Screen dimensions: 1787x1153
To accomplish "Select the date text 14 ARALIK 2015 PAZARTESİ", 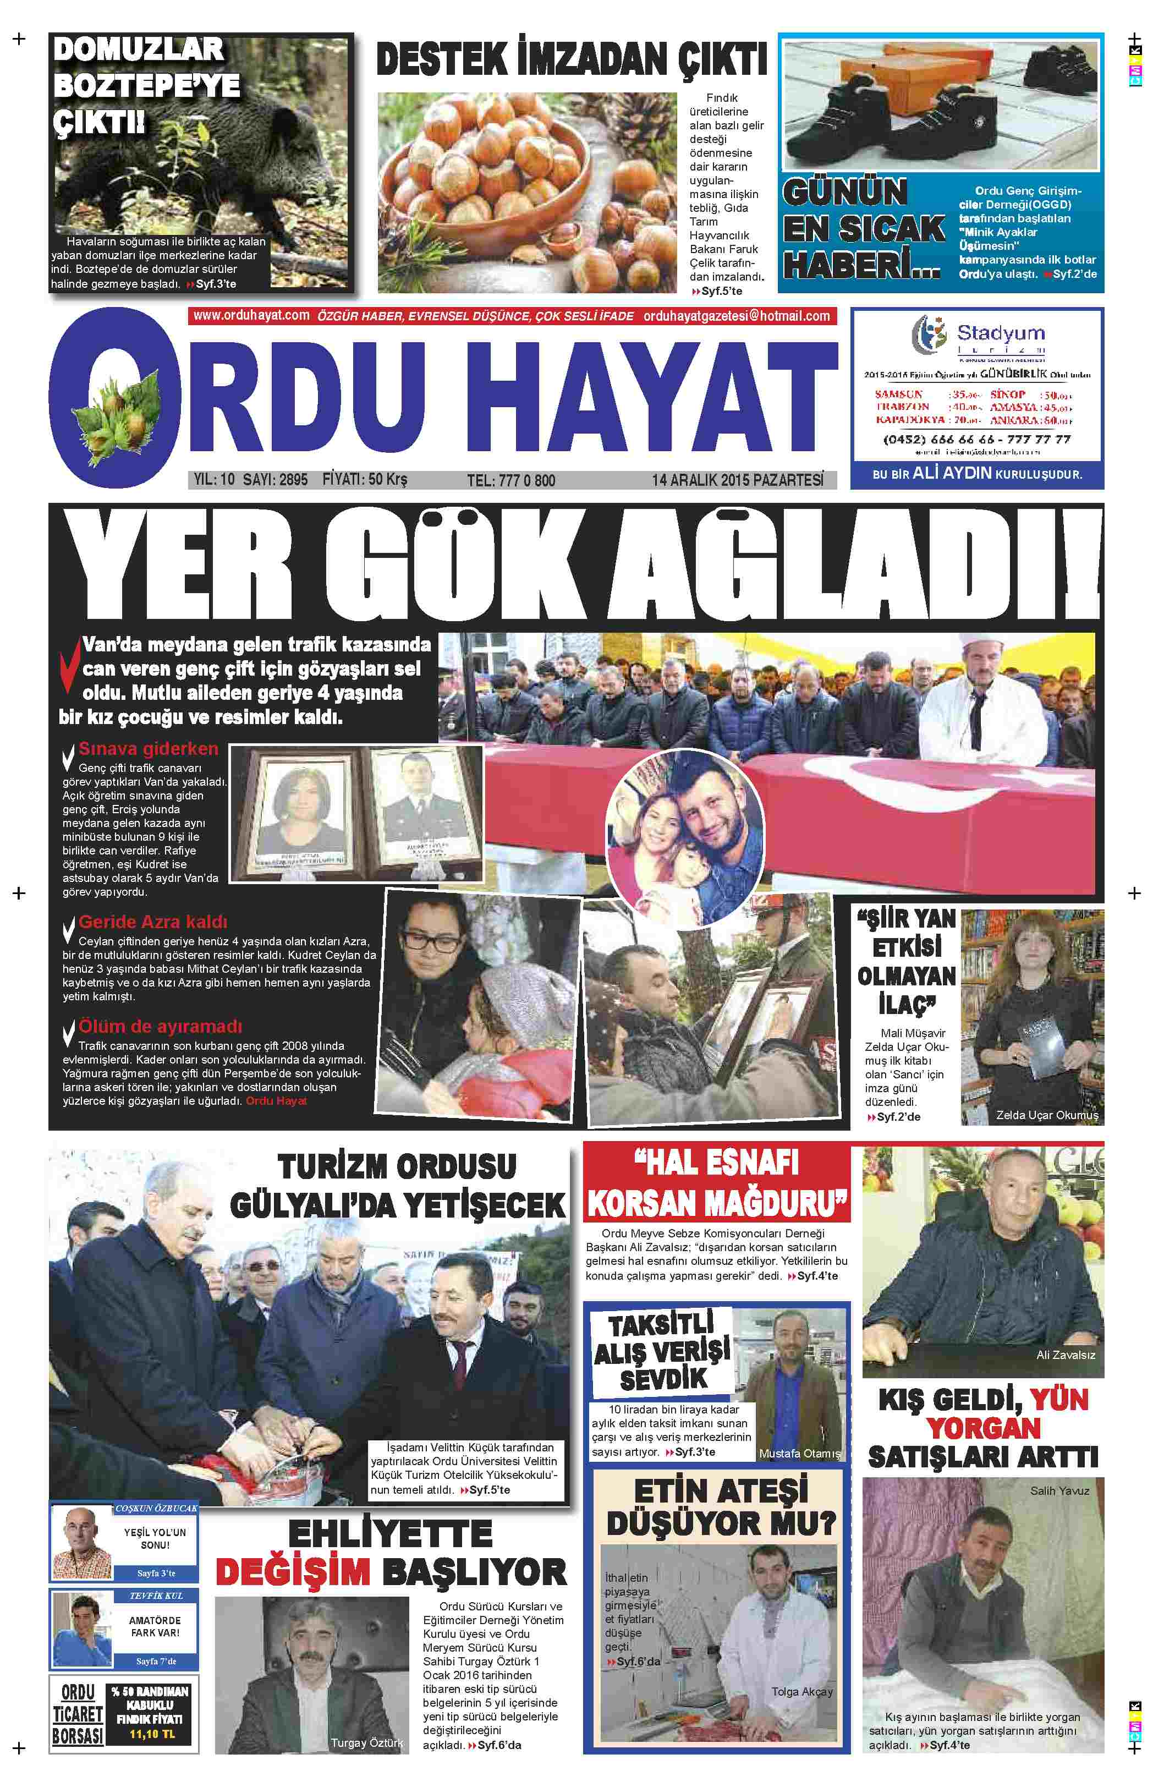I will (738, 480).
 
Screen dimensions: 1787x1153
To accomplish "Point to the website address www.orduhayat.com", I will (251, 315).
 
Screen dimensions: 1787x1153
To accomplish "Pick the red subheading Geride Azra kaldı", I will (153, 922).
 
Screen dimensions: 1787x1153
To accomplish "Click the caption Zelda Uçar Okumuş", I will (1047, 1115).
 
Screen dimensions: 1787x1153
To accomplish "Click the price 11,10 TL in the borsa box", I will (151, 1734).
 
